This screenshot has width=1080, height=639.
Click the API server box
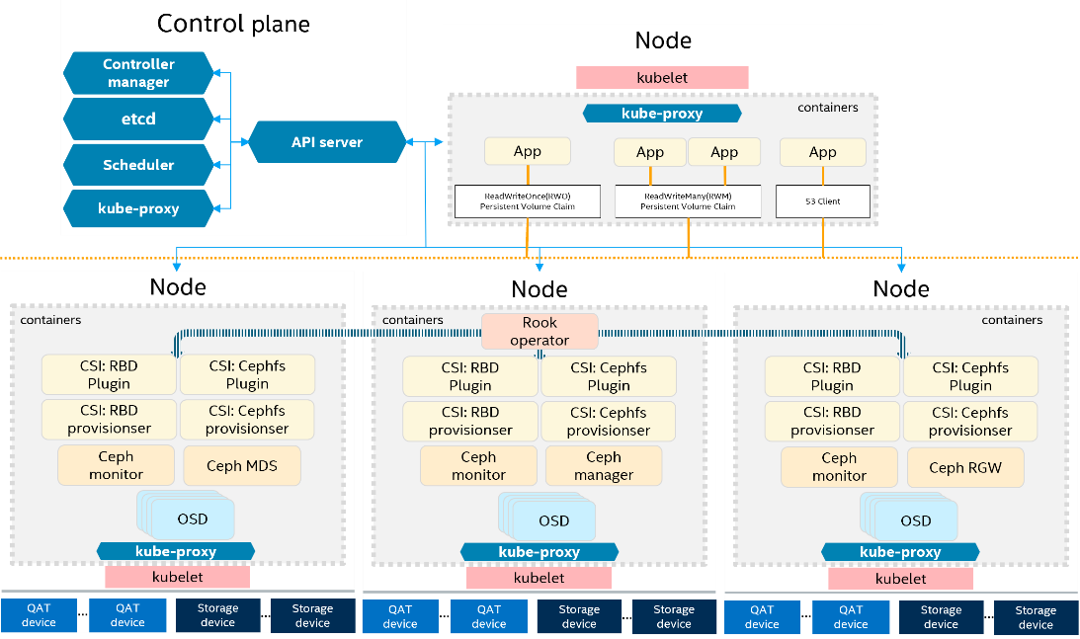pos(327,142)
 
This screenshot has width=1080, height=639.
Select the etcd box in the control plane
pos(138,119)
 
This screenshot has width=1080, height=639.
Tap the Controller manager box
pos(138,73)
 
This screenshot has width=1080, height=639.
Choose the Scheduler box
pos(138,165)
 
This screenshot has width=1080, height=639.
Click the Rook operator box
pos(540,332)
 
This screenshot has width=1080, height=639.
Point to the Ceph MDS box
pos(243,466)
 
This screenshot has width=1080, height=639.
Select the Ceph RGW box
pos(964,467)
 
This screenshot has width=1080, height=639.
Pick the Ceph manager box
pos(604,466)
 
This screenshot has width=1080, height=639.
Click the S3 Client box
pos(823,201)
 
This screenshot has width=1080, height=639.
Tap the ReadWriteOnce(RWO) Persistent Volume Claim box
pos(527,201)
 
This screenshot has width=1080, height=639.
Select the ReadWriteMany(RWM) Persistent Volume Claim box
pos(689,201)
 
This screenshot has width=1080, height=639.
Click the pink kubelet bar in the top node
pos(662,77)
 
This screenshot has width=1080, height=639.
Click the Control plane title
pos(233,24)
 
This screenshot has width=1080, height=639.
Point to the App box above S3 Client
pos(823,152)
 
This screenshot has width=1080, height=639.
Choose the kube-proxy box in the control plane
pos(138,209)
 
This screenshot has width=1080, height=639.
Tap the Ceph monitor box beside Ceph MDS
pos(116,465)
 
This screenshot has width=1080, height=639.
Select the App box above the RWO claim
pos(528,152)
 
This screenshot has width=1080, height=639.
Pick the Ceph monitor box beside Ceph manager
pos(478,466)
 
